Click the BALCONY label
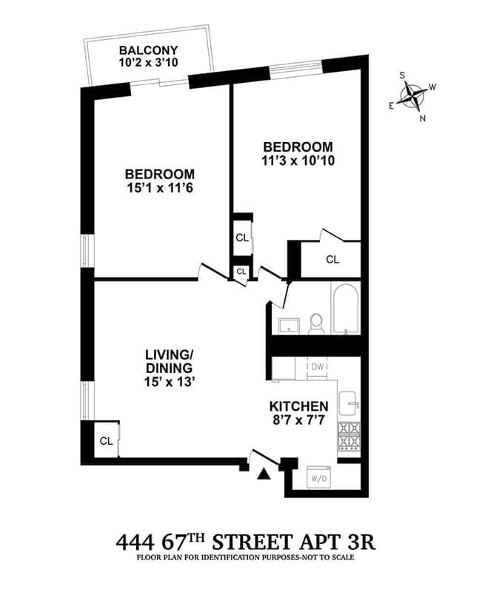click(x=149, y=50)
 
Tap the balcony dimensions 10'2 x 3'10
click(x=149, y=63)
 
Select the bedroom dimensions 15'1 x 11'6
click(x=160, y=188)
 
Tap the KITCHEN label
click(x=298, y=406)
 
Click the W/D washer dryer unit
click(x=320, y=477)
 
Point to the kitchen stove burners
click(x=348, y=437)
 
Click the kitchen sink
click(x=349, y=403)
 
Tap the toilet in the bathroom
click(x=316, y=323)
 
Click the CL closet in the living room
click(x=106, y=440)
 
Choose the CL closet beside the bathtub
click(x=332, y=260)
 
